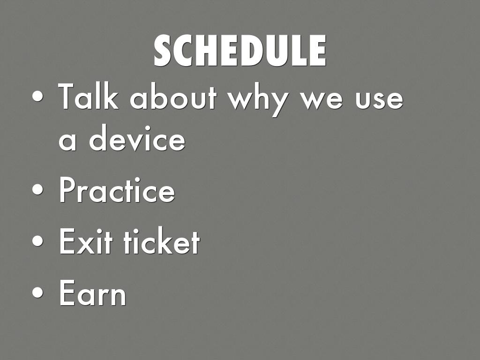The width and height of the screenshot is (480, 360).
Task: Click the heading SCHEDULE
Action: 240,51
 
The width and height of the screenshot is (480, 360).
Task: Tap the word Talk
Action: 89,96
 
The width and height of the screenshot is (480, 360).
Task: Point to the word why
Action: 258,100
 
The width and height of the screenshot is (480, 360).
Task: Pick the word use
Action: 379,100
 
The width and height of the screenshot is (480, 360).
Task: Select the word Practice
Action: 117,190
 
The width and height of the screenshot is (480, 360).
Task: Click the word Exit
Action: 86,241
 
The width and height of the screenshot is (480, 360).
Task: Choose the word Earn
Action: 92,293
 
